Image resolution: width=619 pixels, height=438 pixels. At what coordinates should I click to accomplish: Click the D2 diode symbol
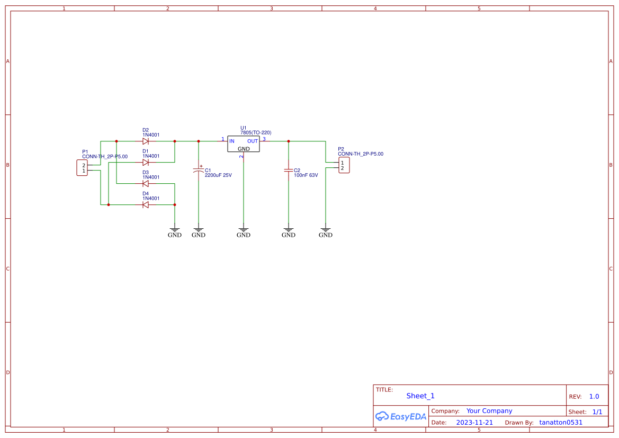coord(145,141)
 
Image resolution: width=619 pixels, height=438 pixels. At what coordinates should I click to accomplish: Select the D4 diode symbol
coord(145,205)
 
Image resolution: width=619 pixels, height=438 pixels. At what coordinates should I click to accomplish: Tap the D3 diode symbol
coord(145,184)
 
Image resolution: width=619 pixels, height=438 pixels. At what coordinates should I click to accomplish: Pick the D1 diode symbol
coord(145,163)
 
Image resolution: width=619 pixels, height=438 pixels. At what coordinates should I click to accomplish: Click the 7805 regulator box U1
coord(244,144)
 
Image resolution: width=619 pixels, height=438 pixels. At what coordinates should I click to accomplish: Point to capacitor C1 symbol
coord(199,171)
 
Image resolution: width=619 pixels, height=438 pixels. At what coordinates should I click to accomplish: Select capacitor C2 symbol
coord(289,171)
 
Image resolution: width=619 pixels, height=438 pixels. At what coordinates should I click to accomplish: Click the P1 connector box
coord(82,168)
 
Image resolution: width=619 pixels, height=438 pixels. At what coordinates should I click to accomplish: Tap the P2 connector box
coord(344,165)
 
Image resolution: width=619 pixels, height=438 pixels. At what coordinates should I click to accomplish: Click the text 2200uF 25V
coord(218,175)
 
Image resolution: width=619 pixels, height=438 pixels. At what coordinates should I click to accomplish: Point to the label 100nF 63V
coord(306,175)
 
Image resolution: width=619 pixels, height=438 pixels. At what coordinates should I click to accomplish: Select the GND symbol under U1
coord(244,233)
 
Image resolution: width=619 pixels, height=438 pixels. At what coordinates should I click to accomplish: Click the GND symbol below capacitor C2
coord(289,233)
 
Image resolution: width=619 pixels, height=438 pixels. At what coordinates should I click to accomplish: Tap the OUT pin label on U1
coord(253,141)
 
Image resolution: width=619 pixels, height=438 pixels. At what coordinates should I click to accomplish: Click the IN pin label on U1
coord(231,141)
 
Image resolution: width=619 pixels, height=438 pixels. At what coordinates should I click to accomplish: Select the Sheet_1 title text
coord(420,396)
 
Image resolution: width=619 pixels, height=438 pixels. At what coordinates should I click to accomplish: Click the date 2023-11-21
coord(474,423)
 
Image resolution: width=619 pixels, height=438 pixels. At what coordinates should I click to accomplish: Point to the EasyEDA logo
coord(401,416)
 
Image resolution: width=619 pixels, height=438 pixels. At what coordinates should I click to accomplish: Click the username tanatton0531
coord(561,423)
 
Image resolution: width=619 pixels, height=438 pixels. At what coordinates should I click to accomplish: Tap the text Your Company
coord(489,411)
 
